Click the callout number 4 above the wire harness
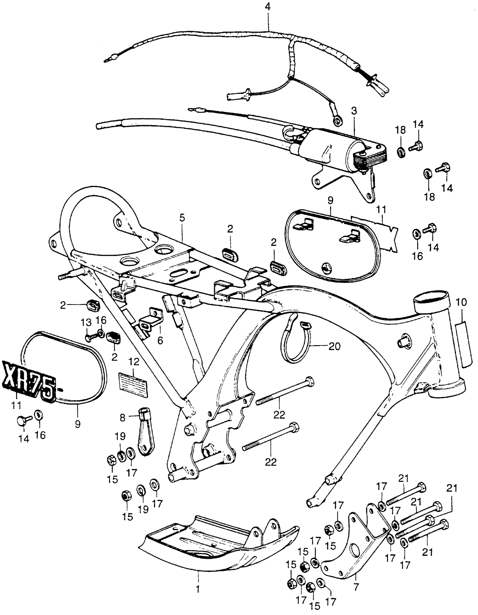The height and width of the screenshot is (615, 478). [x=268, y=7]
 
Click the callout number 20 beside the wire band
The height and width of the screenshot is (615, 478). [x=334, y=346]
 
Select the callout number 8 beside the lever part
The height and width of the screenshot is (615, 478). [x=122, y=418]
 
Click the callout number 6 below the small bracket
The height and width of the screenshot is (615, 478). [x=160, y=340]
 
